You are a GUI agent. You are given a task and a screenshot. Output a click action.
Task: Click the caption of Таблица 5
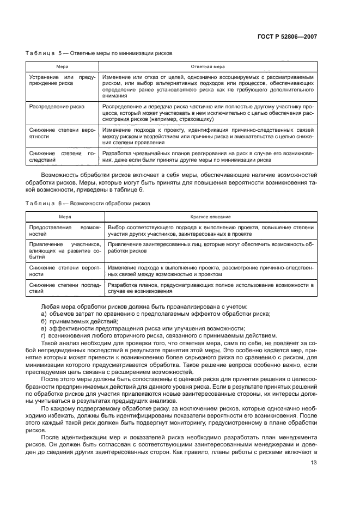(x=99, y=54)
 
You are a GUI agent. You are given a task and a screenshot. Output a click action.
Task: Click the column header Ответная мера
(x=208, y=66)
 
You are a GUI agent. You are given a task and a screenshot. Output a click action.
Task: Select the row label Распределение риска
(x=57, y=107)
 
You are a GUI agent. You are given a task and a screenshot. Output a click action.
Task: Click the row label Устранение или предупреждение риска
(x=62, y=81)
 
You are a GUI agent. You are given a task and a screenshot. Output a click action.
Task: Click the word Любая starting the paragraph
(x=50, y=307)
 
